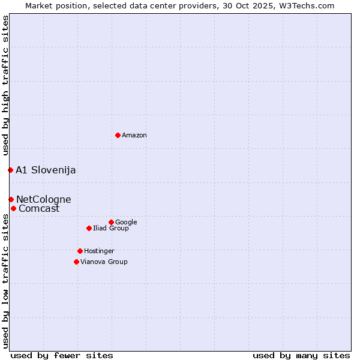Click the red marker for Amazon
pyautogui.click(x=118, y=135)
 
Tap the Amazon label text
pyautogui.click(x=134, y=136)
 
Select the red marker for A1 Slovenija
pyautogui.click(x=10, y=170)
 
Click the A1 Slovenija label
pyautogui.click(x=46, y=170)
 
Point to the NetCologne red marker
pyautogui.click(x=11, y=199)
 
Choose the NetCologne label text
pyautogui.click(x=43, y=200)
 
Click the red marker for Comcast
pyautogui.click(x=13, y=208)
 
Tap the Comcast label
pyautogui.click(x=39, y=209)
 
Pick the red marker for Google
pyautogui.click(x=111, y=222)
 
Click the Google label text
pyautogui.click(x=126, y=223)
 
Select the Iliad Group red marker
pyautogui.click(x=89, y=228)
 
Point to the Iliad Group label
pyautogui.click(x=111, y=229)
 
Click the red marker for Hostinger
pyautogui.click(x=80, y=251)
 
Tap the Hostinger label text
pyautogui.click(x=99, y=251)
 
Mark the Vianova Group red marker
pyautogui.click(x=76, y=262)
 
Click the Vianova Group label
pyautogui.click(x=104, y=262)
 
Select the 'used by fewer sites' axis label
pyautogui.click(x=62, y=355)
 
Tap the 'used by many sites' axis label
pyautogui.click(x=301, y=355)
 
